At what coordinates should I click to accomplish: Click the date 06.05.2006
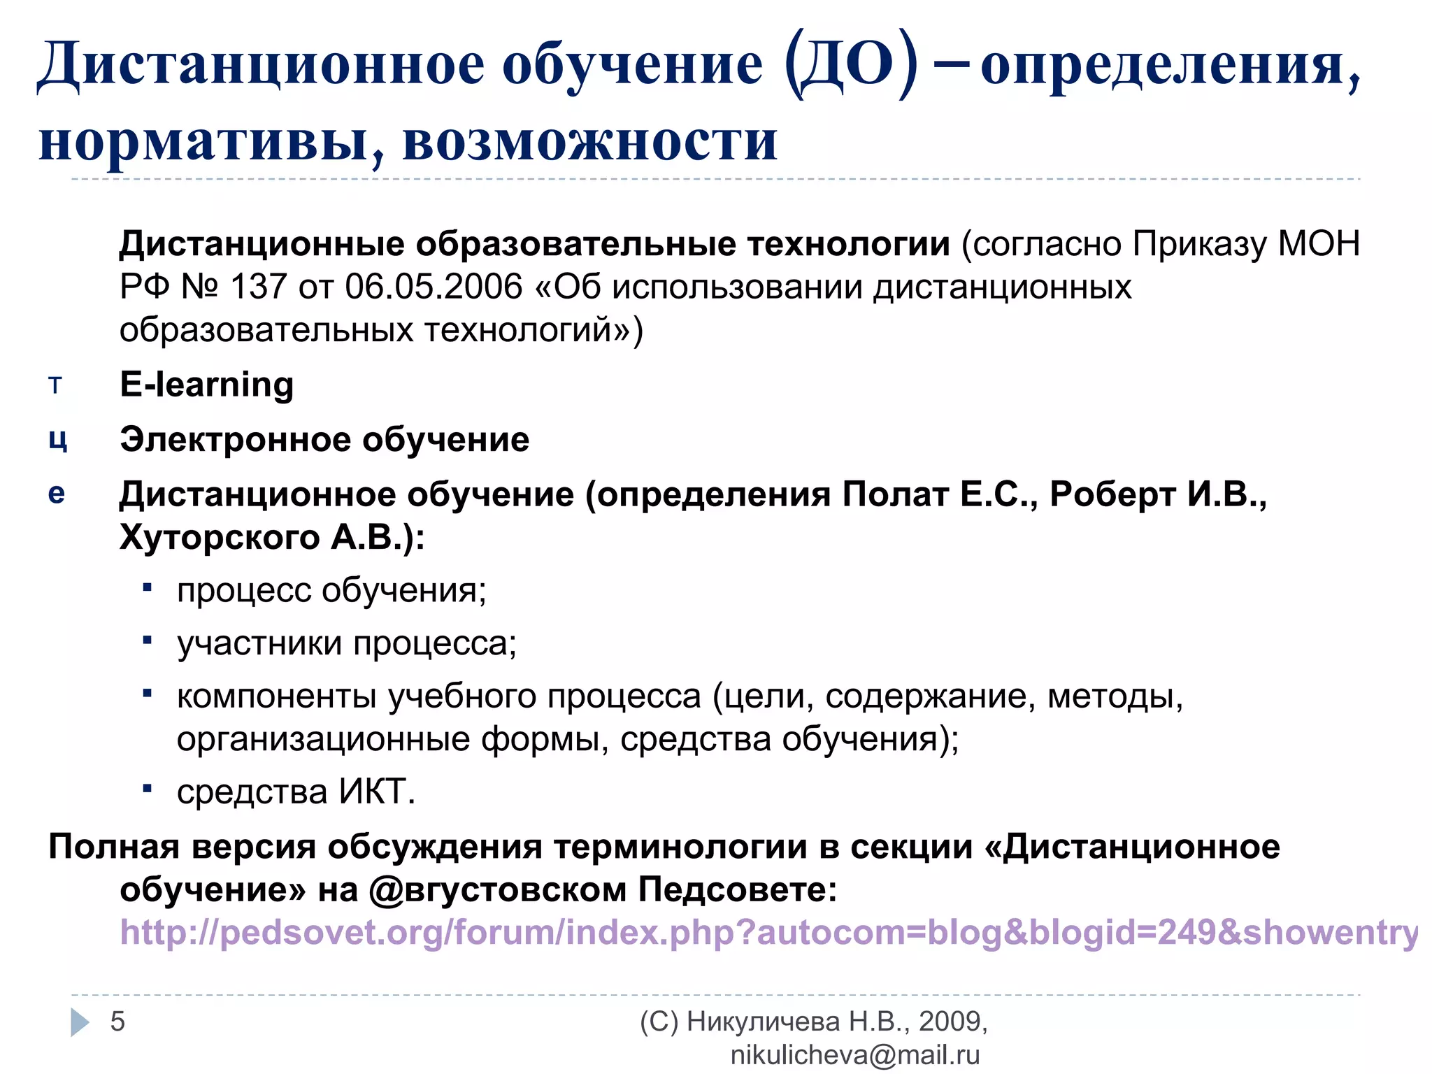(434, 287)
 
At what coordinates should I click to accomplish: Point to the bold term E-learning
(206, 384)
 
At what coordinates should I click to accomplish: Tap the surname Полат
(895, 494)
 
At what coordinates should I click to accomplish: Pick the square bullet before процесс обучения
(147, 588)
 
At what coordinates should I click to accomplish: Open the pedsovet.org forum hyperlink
(768, 933)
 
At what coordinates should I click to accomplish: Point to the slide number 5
(117, 1022)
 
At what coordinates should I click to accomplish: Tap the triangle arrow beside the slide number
(80, 1022)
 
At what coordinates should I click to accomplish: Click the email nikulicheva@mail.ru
(854, 1055)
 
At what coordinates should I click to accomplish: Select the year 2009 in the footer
(949, 1022)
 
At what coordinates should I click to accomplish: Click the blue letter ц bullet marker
(57, 440)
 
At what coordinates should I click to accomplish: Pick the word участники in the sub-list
(259, 643)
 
